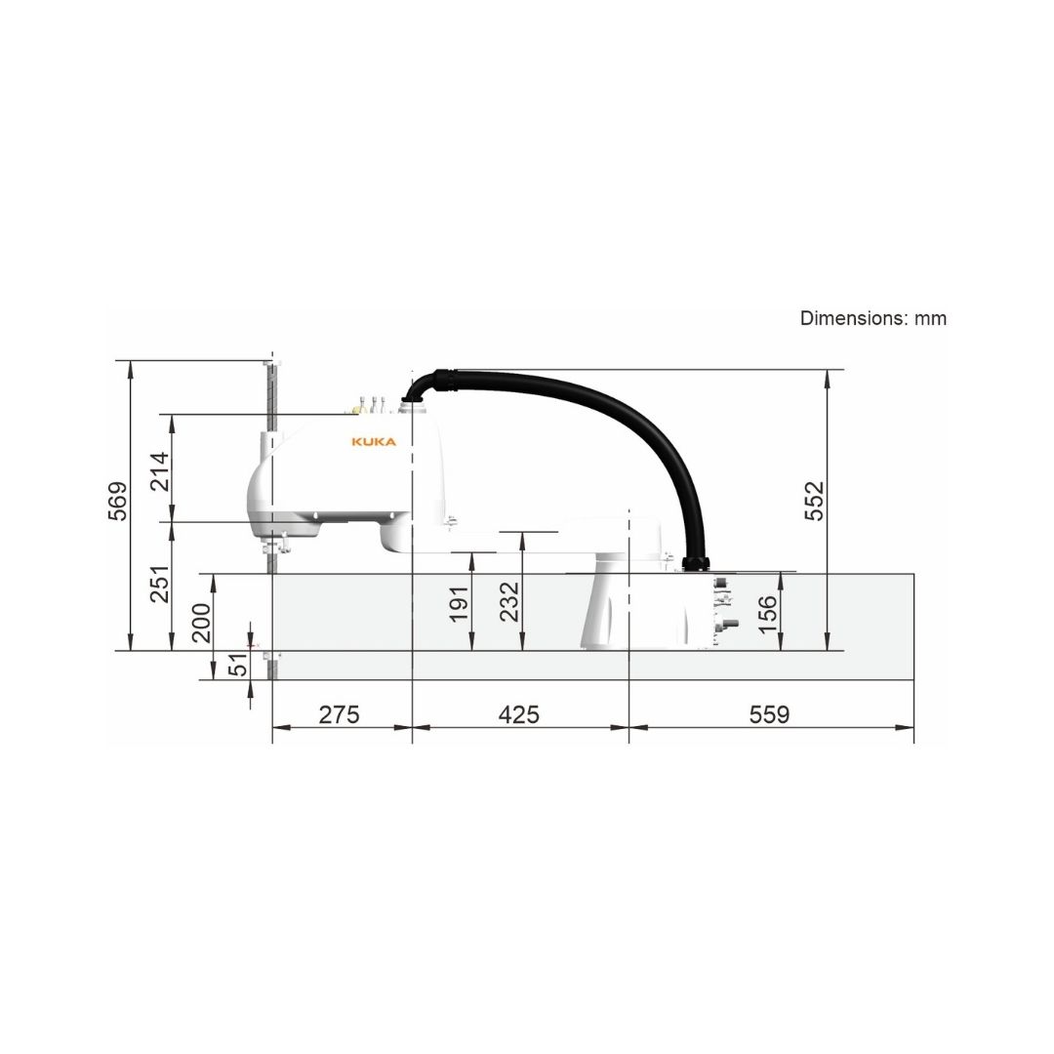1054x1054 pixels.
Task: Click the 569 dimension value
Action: (118, 501)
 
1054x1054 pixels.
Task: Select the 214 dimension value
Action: (160, 472)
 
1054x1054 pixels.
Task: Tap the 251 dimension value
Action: (160, 584)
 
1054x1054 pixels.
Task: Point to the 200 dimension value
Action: (202, 623)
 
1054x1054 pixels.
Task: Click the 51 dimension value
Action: (239, 665)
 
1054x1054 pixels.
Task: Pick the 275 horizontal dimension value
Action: (340, 713)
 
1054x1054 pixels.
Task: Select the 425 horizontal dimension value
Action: (519, 713)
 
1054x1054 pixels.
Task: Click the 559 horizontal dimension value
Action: (770, 713)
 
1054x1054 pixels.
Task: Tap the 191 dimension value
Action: (459, 604)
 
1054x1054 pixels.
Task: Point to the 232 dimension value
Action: (510, 601)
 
